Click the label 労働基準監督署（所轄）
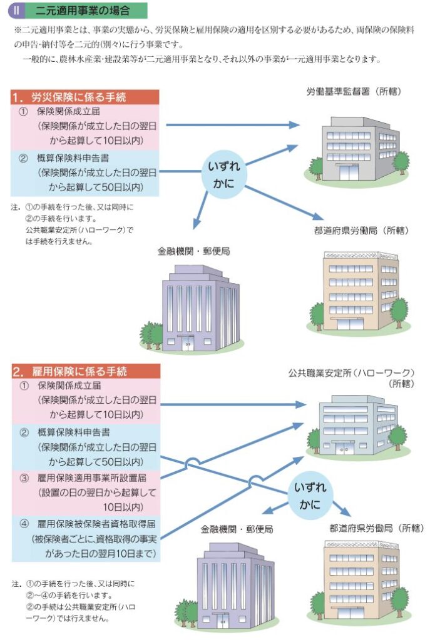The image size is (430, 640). pos(354,92)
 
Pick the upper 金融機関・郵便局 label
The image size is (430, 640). pos(193,251)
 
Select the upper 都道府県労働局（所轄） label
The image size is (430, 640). pos(361,231)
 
